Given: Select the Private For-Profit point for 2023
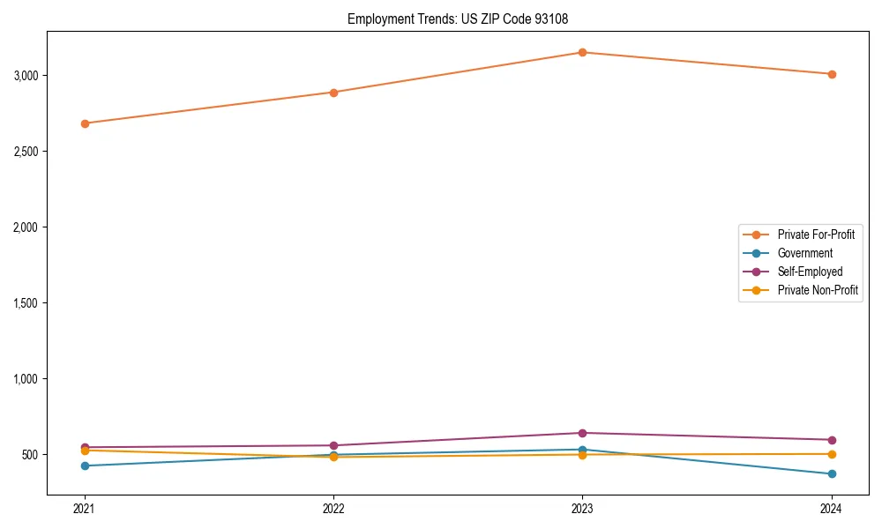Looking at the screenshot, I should [582, 53].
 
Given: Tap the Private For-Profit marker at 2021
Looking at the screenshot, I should [85, 123].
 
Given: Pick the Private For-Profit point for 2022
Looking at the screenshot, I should [333, 93].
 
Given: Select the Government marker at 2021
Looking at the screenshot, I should [85, 466].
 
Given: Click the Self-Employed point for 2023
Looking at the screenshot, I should [582, 433].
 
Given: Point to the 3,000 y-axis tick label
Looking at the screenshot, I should [27, 76].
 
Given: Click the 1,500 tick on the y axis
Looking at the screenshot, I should [27, 303].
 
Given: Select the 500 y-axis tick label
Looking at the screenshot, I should [32, 455].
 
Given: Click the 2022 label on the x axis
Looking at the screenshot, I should [333, 509].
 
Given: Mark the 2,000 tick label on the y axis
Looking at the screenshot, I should [27, 227].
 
